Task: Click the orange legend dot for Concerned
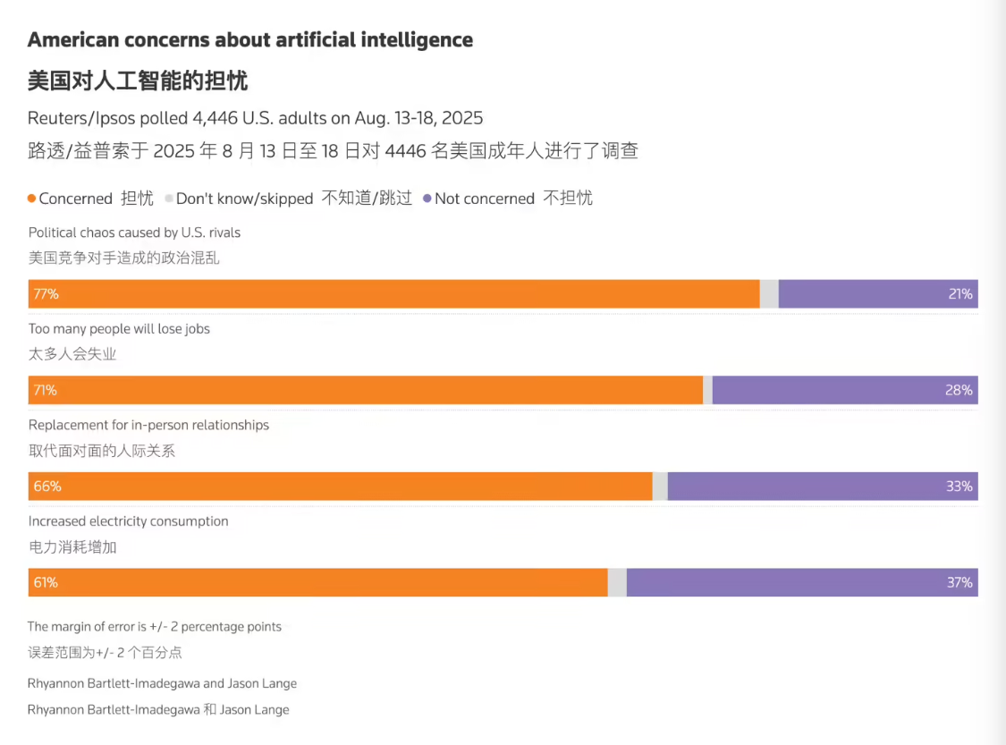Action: (x=32, y=199)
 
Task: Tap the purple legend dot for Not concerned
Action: (x=427, y=199)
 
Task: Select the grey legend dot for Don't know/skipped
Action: (x=169, y=199)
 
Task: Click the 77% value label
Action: (x=46, y=294)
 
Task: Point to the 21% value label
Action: (x=960, y=294)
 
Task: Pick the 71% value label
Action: (x=46, y=390)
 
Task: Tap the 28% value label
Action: (x=960, y=390)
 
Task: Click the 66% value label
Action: (x=46, y=487)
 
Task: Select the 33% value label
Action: (x=960, y=487)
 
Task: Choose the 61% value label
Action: (x=46, y=582)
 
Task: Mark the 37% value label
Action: (x=960, y=582)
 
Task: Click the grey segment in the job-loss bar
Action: (x=707, y=390)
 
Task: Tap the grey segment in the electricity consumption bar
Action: (x=617, y=582)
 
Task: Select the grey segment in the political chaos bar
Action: (x=769, y=294)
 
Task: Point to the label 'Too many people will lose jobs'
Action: (x=119, y=328)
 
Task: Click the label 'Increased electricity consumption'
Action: (x=128, y=521)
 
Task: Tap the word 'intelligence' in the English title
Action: (x=416, y=39)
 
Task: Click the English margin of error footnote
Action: (x=155, y=627)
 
